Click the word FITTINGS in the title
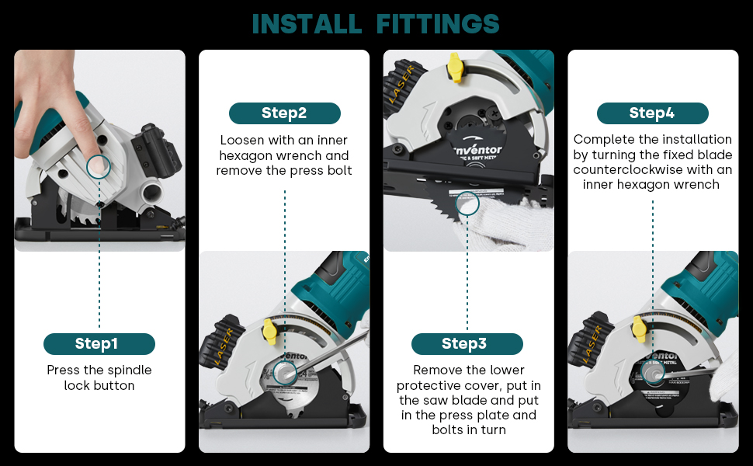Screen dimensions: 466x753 pyautogui.click(x=438, y=23)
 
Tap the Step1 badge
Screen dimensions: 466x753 pyautogui.click(x=99, y=344)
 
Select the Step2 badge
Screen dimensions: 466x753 pyautogui.click(x=284, y=113)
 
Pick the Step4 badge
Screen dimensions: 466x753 pyautogui.click(x=652, y=113)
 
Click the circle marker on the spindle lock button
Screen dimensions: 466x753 pyautogui.click(x=99, y=165)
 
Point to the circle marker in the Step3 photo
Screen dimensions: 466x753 pyautogui.click(x=467, y=203)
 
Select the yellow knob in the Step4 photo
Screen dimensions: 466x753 pyautogui.click(x=639, y=330)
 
